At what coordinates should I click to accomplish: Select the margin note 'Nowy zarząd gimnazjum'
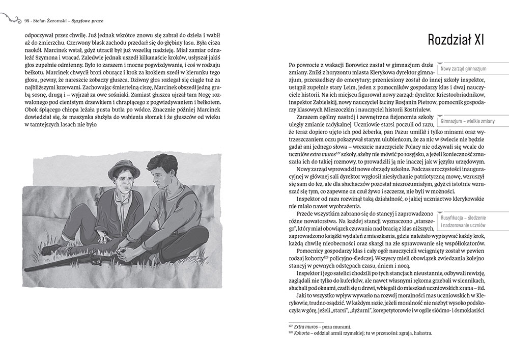pyautogui.click(x=464, y=69)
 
